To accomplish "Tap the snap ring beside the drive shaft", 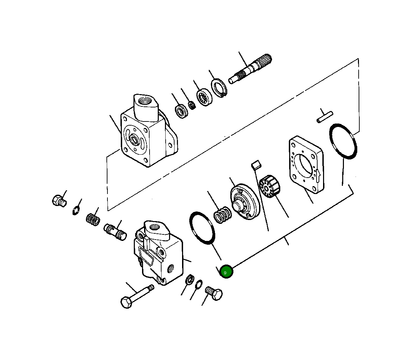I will point(218,88).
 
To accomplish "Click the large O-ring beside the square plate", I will point(343,142).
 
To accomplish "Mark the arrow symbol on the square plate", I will point(318,176).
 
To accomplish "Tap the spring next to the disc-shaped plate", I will point(223,215).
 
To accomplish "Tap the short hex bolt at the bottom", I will point(214,293).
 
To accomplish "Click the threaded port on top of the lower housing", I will point(156,228).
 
